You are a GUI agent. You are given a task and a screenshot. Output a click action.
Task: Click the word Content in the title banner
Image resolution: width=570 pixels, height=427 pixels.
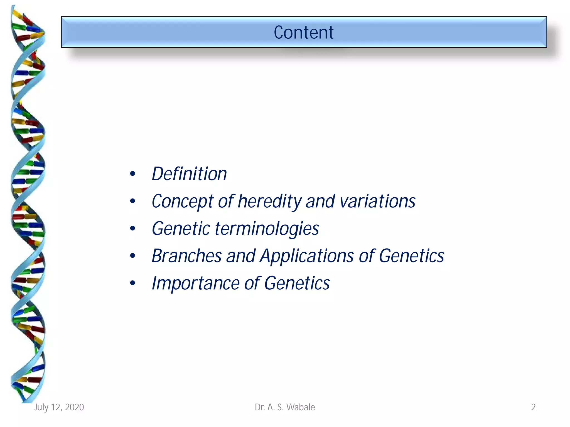pyautogui.click(x=303, y=33)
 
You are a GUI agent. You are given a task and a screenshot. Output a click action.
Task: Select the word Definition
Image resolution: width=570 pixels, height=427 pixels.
pyautogui.click(x=189, y=174)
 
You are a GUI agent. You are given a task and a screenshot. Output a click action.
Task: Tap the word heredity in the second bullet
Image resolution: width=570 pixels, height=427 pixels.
pyautogui.click(x=269, y=201)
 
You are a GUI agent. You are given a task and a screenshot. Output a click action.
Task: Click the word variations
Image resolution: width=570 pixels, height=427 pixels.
pyautogui.click(x=377, y=201)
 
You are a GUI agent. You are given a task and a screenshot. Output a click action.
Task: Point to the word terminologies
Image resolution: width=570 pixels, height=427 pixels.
pyautogui.click(x=267, y=229)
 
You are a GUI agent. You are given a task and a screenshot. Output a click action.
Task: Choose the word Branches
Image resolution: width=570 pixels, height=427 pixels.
pyautogui.click(x=186, y=256)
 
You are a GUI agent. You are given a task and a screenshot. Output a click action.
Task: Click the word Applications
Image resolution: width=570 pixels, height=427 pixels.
pyautogui.click(x=307, y=256)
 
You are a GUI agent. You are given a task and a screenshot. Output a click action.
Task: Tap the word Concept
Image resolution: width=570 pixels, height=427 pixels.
pyautogui.click(x=182, y=201)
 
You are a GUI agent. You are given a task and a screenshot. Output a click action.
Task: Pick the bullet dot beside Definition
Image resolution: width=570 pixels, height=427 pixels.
pyautogui.click(x=132, y=174)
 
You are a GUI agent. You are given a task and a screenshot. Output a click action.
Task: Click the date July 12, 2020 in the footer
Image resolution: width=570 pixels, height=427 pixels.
pyautogui.click(x=59, y=407)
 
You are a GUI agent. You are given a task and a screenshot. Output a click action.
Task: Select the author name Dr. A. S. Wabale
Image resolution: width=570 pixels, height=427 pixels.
pyautogui.click(x=285, y=407)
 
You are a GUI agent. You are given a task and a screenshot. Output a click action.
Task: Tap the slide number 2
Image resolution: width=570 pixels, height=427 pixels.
pyautogui.click(x=533, y=407)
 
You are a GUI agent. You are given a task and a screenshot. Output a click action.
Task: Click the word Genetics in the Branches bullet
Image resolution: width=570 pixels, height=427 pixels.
pyautogui.click(x=411, y=256)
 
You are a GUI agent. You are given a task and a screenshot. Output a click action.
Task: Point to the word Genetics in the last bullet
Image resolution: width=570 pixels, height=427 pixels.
pyautogui.click(x=297, y=283)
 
